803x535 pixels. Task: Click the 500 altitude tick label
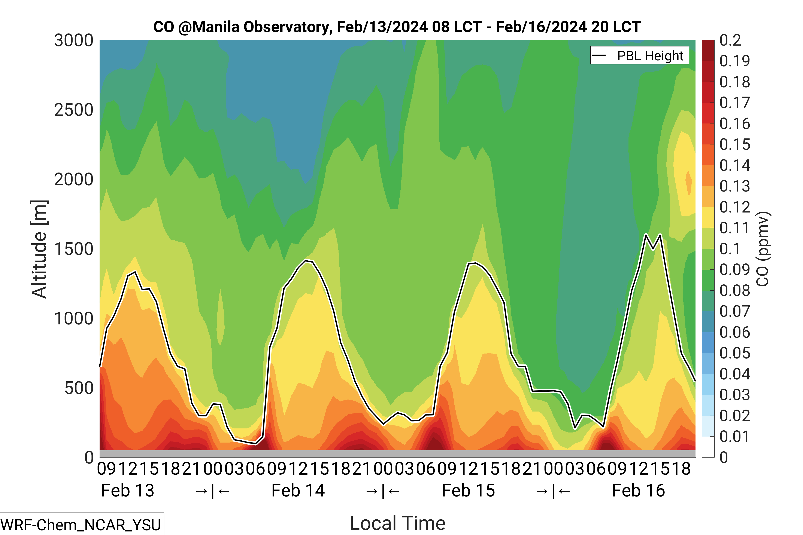click(x=79, y=388)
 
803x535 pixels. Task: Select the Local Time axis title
click(x=397, y=523)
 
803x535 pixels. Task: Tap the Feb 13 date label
click(x=128, y=491)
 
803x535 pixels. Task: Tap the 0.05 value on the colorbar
click(x=735, y=353)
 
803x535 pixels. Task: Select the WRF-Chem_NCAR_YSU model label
click(x=81, y=525)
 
